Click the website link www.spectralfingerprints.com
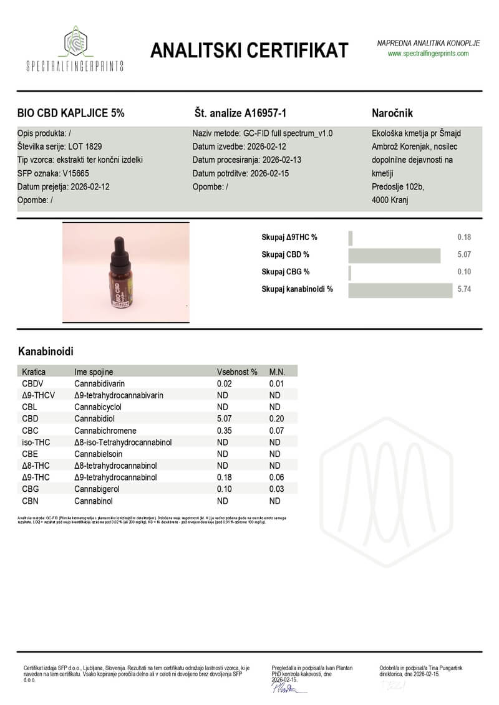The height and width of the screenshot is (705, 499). point(428,54)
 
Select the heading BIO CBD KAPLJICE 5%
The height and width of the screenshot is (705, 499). point(70,113)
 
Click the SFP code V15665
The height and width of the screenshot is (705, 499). point(75,173)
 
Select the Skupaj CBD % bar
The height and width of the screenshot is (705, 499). point(394,255)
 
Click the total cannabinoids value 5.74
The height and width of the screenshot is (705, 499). point(463,289)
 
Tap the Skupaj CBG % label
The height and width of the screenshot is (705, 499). point(285,272)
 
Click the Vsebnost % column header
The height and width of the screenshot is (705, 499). point(237,372)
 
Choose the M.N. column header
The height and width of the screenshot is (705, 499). point(277,372)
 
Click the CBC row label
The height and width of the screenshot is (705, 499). point(31,431)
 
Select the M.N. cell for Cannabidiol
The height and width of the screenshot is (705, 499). point(276,419)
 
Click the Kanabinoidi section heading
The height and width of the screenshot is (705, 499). point(46,352)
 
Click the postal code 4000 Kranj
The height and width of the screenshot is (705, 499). point(390,199)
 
